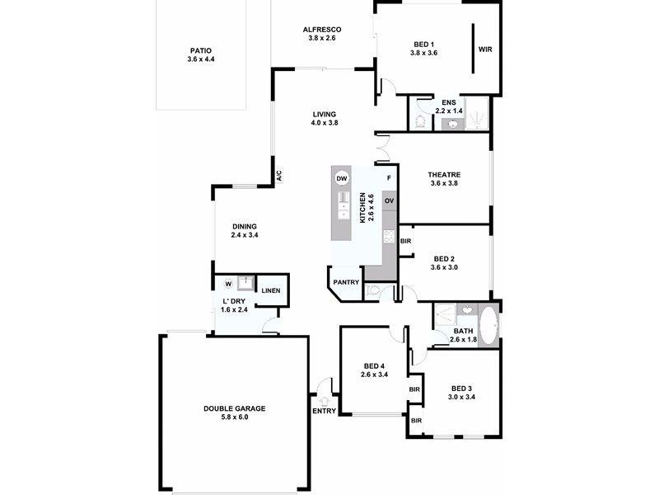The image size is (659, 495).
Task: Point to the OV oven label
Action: pos(390,201)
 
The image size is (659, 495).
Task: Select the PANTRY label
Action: pos(346,283)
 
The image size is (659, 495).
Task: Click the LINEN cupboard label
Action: pos(269,290)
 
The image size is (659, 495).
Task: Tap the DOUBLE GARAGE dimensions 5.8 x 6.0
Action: pos(235,417)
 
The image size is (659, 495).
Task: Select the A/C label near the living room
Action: pos(278,176)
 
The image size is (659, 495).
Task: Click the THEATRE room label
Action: pos(443,174)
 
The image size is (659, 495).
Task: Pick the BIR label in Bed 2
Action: pos(405,242)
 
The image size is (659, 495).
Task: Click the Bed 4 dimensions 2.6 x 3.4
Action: pos(373,375)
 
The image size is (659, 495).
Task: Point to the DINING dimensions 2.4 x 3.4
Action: pos(245,235)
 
